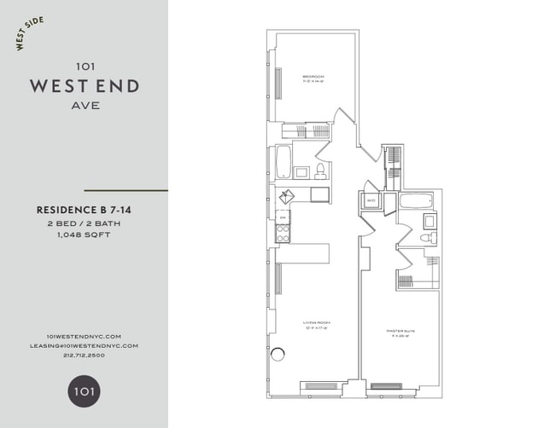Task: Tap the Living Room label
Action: tap(316, 325)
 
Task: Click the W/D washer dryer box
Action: tap(371, 202)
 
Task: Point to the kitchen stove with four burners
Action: tap(283, 233)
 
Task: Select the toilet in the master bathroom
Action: tap(429, 239)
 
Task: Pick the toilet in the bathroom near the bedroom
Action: tap(320, 171)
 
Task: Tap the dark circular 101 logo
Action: tap(84, 391)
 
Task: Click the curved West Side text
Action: tap(31, 34)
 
